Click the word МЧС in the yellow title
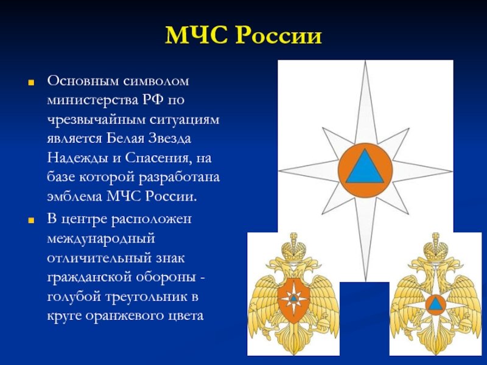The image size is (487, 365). [x=197, y=35]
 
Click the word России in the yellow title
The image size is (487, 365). [x=279, y=35]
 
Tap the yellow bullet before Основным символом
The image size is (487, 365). [x=31, y=83]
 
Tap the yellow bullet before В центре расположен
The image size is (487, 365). [x=31, y=221]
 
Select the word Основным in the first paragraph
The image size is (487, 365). [x=83, y=81]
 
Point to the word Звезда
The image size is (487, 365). [x=169, y=139]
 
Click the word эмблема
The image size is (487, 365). [x=74, y=196]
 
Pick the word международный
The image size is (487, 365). [x=101, y=238]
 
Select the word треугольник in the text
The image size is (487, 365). [x=147, y=297]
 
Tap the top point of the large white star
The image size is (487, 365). [x=366, y=61]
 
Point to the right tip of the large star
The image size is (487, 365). [x=452, y=171]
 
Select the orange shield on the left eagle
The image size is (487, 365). [x=293, y=300]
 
